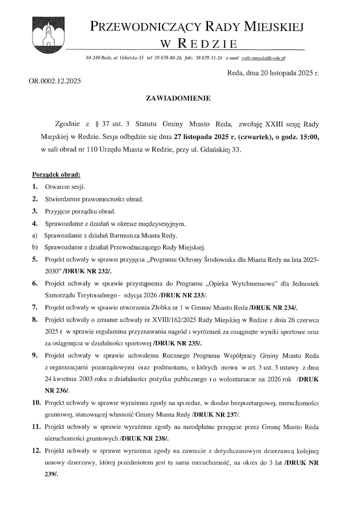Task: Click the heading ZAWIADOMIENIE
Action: (179, 98)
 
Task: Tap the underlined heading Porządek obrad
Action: (56, 175)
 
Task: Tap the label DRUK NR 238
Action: (144, 438)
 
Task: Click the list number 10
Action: (36, 402)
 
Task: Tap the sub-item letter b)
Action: (34, 247)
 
